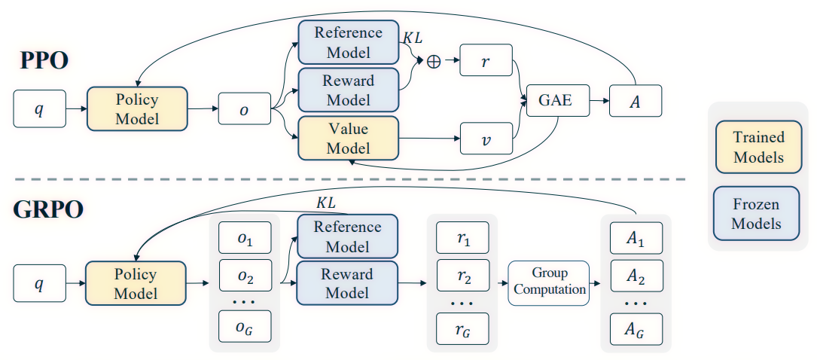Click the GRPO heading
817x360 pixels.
point(47,210)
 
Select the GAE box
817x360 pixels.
point(556,101)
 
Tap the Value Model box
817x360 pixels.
point(348,139)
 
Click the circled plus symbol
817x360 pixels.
point(434,63)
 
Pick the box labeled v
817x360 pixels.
point(485,139)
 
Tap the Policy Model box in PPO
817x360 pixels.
point(137,109)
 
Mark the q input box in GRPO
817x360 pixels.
point(39,283)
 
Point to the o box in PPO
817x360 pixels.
point(244,109)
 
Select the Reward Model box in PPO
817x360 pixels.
point(348,90)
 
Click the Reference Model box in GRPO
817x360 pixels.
point(348,236)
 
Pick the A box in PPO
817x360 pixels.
point(636,101)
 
